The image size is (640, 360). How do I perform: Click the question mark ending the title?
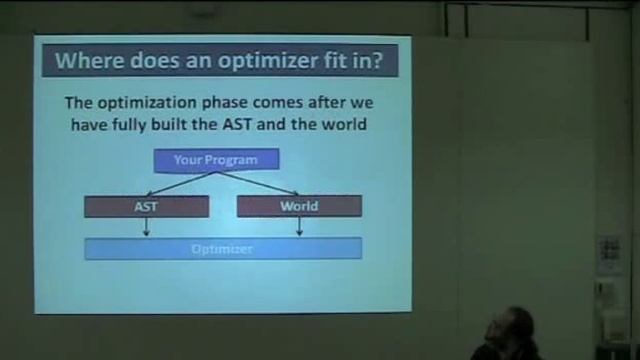pyautogui.click(x=378, y=60)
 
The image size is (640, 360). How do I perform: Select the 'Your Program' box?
pyautogui.click(x=216, y=159)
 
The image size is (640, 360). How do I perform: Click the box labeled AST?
pyautogui.click(x=146, y=207)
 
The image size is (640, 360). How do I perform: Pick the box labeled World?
pyautogui.click(x=299, y=207)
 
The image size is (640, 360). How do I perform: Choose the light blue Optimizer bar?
pyautogui.click(x=223, y=249)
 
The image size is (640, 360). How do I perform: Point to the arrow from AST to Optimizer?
pyautogui.click(x=146, y=227)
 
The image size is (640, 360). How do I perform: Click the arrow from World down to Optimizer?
pyautogui.click(x=299, y=227)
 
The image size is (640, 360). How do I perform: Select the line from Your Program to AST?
pyautogui.click(x=180, y=183)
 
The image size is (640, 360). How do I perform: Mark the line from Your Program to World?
pyautogui.click(x=257, y=183)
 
